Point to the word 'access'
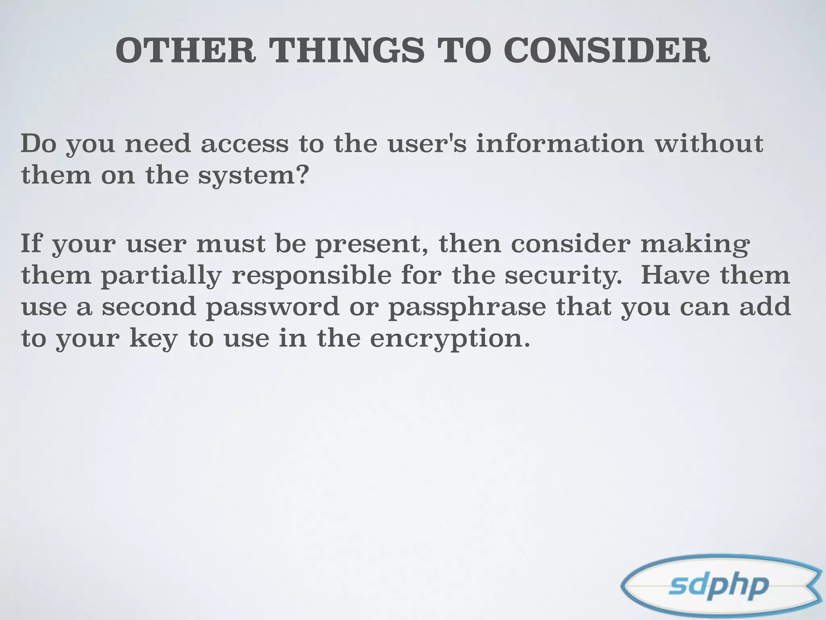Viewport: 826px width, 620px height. point(245,144)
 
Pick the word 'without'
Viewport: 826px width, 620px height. point(709,144)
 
